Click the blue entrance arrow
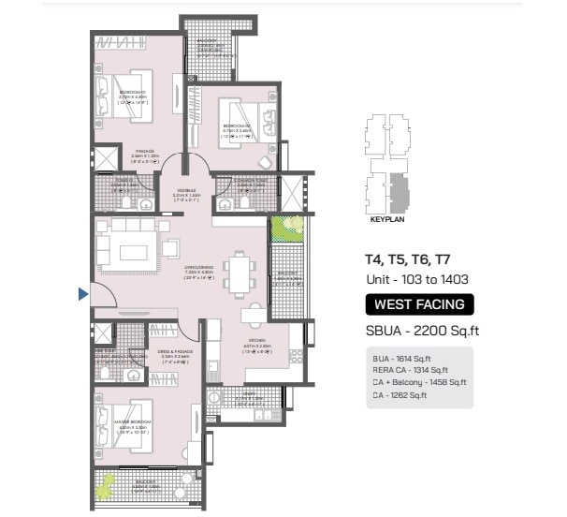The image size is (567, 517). pos(83,295)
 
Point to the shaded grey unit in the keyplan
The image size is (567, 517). pos(400,192)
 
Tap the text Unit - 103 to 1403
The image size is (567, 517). pos(416,279)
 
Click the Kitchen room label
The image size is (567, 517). pos(257,343)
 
